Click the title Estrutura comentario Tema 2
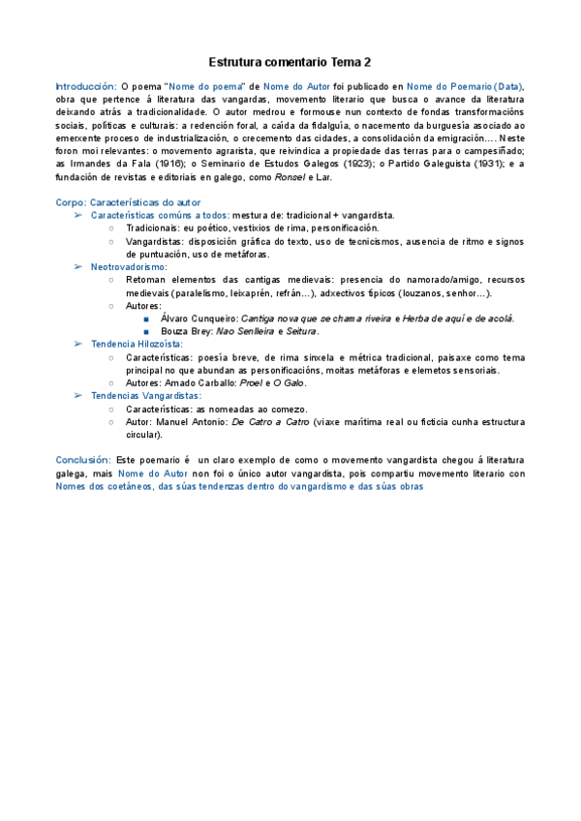point(290,62)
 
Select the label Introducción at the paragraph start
point(85,86)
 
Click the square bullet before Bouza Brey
point(146,331)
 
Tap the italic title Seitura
point(302,331)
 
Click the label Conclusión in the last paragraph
point(83,460)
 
